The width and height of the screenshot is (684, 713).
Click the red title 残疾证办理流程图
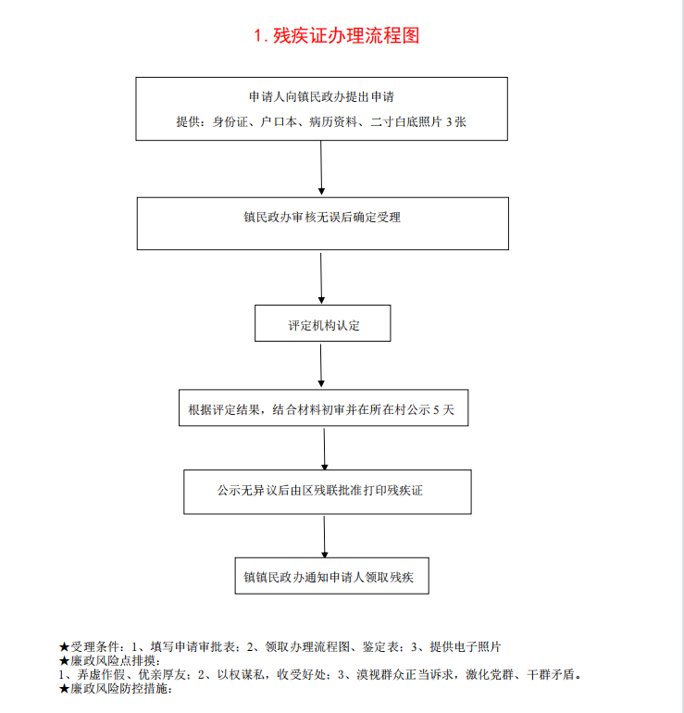tap(346, 35)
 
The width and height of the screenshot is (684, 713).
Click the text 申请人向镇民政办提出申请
tap(321, 97)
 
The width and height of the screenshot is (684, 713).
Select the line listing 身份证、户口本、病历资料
tap(321, 122)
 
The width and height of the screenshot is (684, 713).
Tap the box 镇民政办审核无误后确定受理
tap(323, 223)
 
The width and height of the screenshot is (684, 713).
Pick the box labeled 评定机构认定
tap(323, 323)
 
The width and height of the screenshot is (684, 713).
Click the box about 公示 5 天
tap(324, 407)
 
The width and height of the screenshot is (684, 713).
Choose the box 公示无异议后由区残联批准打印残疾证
tap(328, 492)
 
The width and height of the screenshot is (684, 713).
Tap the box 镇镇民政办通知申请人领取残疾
tap(331, 576)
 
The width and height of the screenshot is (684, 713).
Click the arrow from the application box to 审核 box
tap(321, 168)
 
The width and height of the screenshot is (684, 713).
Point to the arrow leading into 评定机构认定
tap(321, 279)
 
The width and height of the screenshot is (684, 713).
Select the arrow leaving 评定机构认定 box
tap(321, 366)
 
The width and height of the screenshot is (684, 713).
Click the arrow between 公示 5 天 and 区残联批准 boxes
tap(325, 449)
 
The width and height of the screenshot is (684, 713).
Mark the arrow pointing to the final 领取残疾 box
tap(325, 537)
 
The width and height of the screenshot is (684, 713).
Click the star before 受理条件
tap(64, 647)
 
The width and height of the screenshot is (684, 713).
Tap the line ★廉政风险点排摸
tap(110, 661)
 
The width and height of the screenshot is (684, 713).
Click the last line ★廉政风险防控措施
tap(116, 688)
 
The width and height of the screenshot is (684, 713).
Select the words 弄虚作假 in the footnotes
tap(101, 675)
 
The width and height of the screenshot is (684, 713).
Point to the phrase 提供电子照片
tap(465, 647)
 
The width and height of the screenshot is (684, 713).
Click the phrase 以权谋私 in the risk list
tap(241, 675)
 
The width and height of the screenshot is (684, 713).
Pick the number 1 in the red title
tap(258, 36)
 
